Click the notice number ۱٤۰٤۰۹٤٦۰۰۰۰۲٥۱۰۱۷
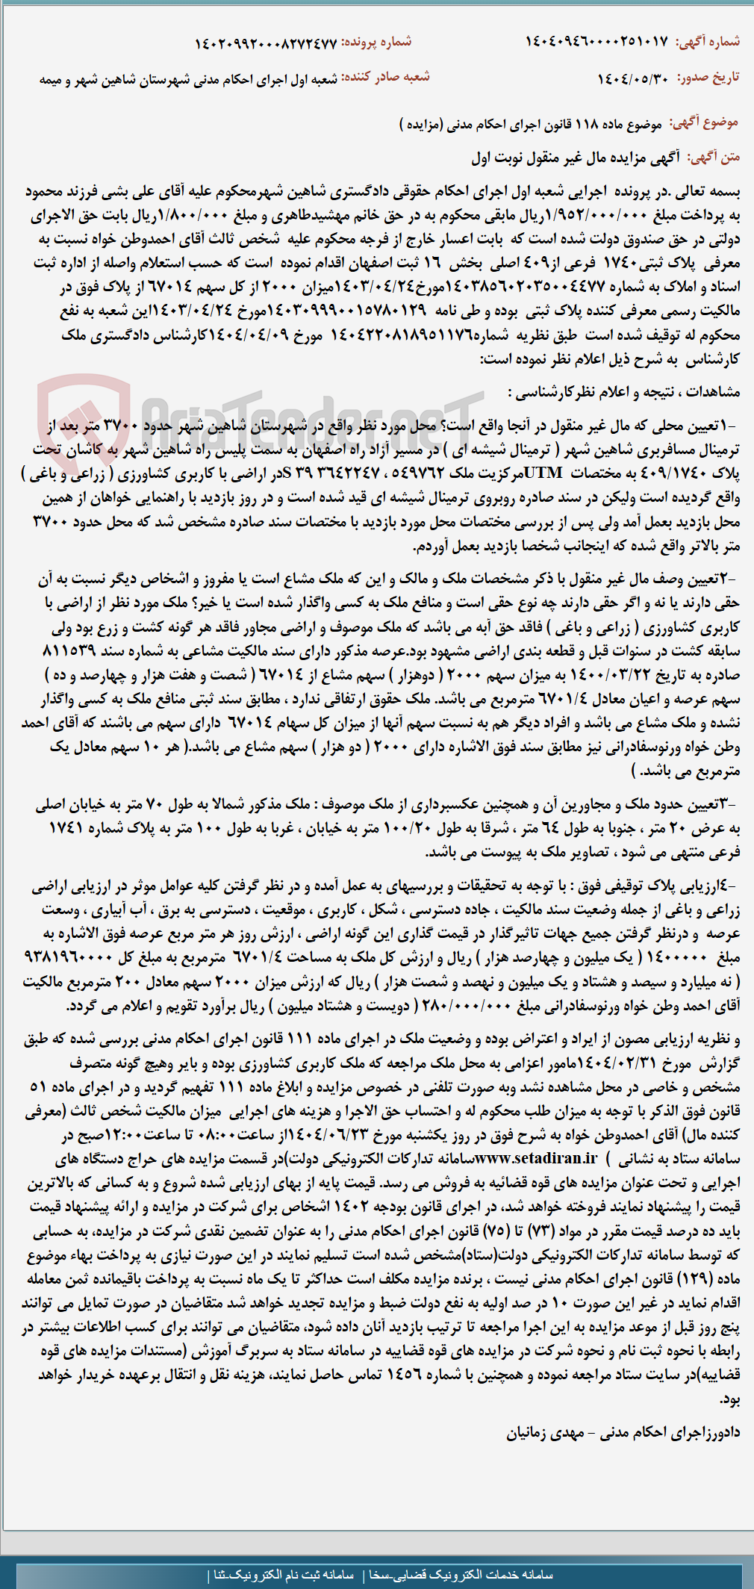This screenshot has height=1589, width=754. [596, 42]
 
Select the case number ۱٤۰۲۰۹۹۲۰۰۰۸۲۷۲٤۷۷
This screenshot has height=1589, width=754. [266, 43]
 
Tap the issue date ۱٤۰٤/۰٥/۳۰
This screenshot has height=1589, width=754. [633, 78]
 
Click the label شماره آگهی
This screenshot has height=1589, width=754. [707, 42]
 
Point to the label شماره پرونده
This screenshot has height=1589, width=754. [377, 43]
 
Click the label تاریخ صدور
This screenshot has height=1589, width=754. [708, 78]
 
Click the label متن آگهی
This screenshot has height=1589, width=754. [714, 157]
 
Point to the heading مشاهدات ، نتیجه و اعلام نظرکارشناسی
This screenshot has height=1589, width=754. [624, 392]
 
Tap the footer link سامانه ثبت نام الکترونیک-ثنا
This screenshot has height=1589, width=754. [284, 1574]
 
